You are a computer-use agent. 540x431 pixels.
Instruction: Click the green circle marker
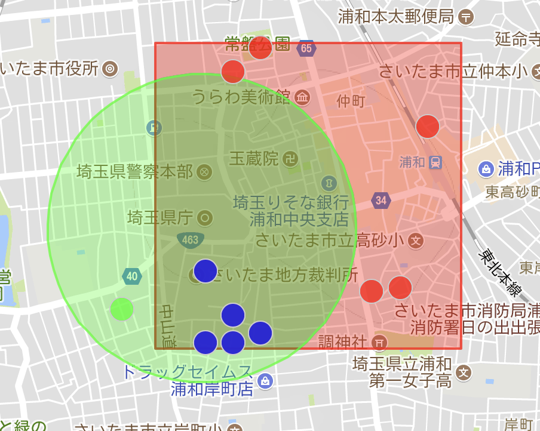pyautogui.click(x=122, y=309)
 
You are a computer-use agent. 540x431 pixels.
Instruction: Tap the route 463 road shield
pyautogui.click(x=189, y=240)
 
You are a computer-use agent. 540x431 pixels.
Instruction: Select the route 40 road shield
pyautogui.click(x=133, y=276)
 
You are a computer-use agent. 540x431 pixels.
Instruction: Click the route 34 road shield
pyautogui.click(x=381, y=200)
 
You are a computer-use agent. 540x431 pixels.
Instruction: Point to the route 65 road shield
pyautogui.click(x=306, y=48)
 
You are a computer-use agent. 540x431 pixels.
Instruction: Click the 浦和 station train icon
pyautogui.click(x=435, y=162)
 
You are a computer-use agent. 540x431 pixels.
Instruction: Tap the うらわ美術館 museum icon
pyautogui.click(x=302, y=97)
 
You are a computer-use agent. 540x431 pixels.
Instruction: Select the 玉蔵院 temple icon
pyautogui.click(x=291, y=159)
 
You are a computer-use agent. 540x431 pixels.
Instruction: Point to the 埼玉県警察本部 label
pyautogui.click(x=135, y=173)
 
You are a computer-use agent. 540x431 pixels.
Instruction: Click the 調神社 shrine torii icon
pyautogui.click(x=378, y=342)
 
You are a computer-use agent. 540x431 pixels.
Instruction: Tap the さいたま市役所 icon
pyautogui.click(x=109, y=69)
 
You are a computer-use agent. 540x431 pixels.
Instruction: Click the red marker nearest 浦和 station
pyautogui.click(x=428, y=127)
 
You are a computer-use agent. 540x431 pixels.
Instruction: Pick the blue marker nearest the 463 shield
pyautogui.click(x=205, y=271)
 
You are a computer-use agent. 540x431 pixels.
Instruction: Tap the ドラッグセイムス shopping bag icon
pyautogui.click(x=266, y=380)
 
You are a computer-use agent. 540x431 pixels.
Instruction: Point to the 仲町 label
pyautogui.click(x=351, y=101)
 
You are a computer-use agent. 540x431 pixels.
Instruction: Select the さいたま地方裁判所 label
pyautogui.click(x=284, y=275)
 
